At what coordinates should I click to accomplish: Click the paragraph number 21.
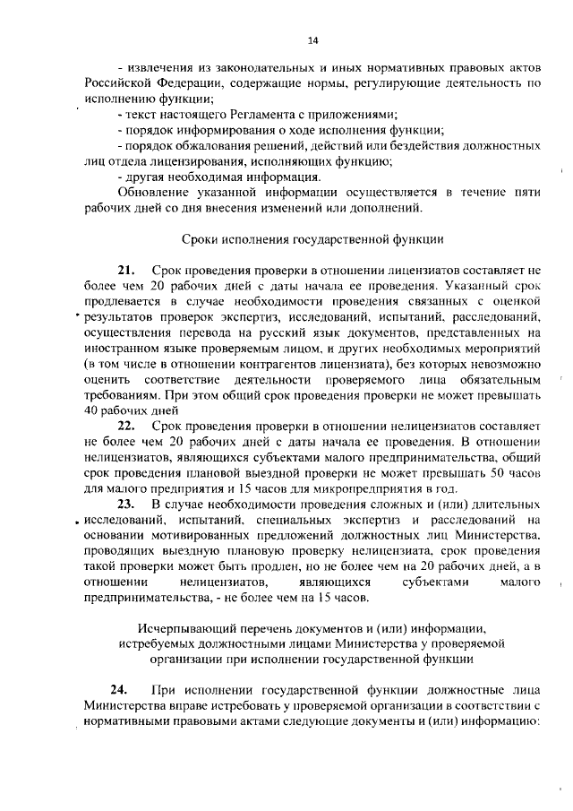[x=126, y=270]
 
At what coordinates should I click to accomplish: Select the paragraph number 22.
[x=126, y=424]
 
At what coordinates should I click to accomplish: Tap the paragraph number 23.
[x=126, y=505]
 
